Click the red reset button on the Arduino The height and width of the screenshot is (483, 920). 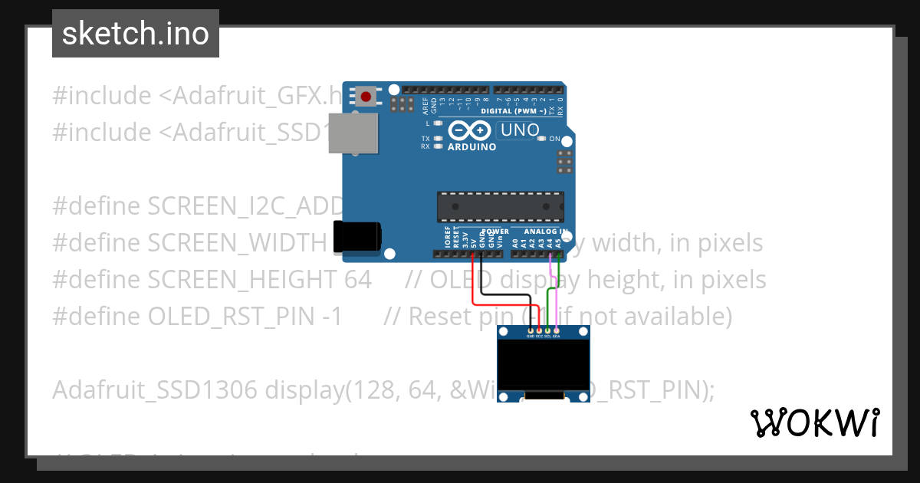[x=366, y=97]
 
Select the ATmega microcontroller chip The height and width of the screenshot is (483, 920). [x=500, y=207]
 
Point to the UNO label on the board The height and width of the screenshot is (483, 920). [x=521, y=130]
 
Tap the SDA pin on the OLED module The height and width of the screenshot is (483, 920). [x=557, y=330]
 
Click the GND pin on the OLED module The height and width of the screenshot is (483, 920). [x=530, y=330]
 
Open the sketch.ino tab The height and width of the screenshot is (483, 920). [x=136, y=34]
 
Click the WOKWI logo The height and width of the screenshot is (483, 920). [x=814, y=422]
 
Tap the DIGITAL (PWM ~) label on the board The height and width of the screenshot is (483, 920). [x=514, y=111]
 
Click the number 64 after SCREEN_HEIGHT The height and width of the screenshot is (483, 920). [x=357, y=279]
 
